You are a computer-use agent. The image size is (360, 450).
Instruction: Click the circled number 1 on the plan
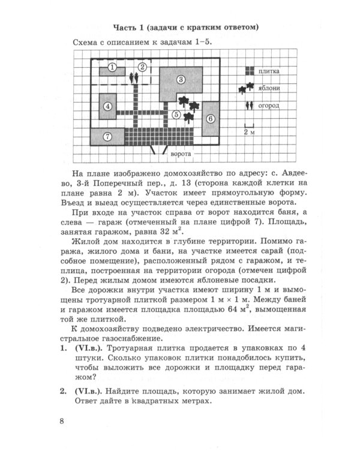click(112, 67)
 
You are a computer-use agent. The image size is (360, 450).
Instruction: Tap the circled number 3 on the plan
click(180, 79)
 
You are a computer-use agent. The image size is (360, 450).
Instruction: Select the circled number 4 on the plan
click(107, 107)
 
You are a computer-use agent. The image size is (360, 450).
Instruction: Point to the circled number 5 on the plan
click(176, 114)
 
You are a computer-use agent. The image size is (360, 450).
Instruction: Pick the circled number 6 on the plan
click(210, 119)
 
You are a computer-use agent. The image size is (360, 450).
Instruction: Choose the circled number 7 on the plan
click(107, 137)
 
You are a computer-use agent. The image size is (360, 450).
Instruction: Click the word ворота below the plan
click(181, 154)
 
